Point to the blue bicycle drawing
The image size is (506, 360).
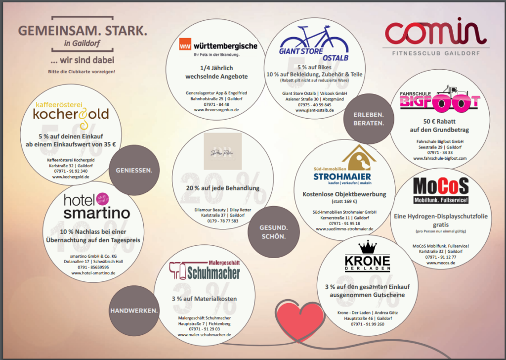[x=314, y=39]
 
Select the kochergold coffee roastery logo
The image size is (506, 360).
[x=71, y=113]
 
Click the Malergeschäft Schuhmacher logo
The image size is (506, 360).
[x=205, y=270]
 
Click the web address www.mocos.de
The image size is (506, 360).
[x=441, y=263]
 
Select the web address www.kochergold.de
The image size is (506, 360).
[x=71, y=176]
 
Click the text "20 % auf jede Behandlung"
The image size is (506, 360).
[x=222, y=188]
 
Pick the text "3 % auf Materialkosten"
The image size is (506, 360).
[x=204, y=299]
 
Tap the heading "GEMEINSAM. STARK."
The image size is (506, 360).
[x=83, y=31]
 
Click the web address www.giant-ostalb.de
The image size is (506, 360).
[x=315, y=110]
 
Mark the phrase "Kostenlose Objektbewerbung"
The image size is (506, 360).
[x=344, y=194]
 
